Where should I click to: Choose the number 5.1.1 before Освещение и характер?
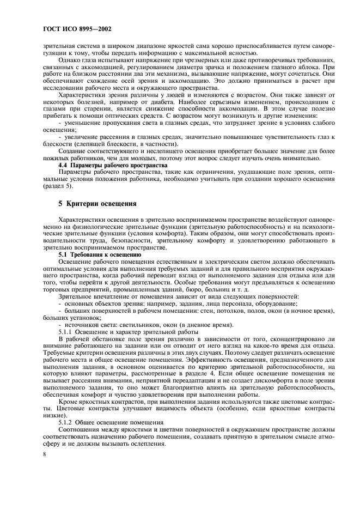pos(66,331)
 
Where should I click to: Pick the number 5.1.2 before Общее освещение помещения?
pos(66,423)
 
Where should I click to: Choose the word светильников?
pos(103,324)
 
